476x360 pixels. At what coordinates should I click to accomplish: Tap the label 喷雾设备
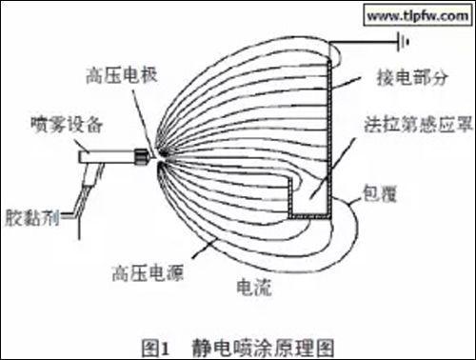63,124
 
